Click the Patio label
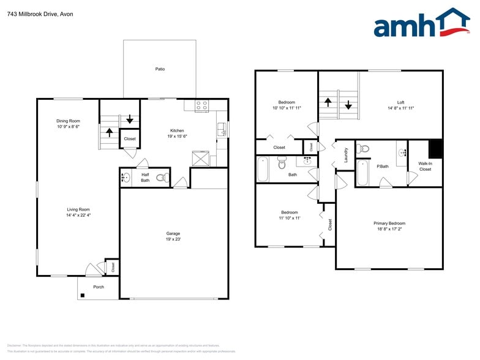[160, 69]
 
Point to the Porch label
[98, 287]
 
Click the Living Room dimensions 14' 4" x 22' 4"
[78, 215]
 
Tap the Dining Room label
[69, 121]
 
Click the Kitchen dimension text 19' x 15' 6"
[177, 137]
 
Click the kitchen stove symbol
[202, 105]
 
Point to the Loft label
[400, 102]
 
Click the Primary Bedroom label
[389, 223]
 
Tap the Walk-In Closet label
[425, 166]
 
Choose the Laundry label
[346, 155]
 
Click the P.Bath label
[383, 166]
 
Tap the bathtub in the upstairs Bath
[263, 170]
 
